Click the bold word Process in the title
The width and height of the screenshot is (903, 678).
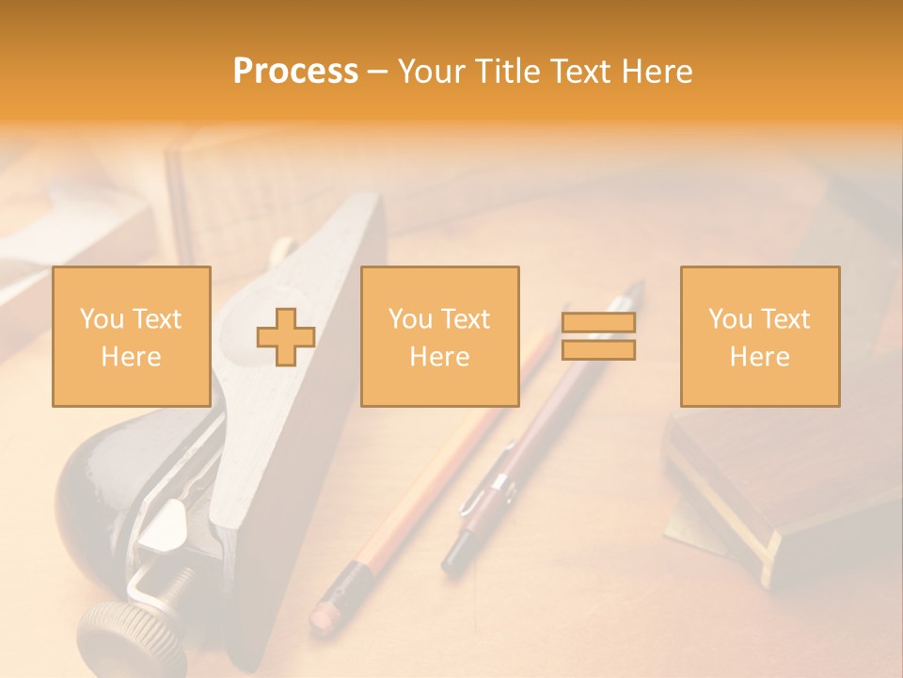[x=295, y=72]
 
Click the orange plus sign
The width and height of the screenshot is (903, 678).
[x=286, y=337]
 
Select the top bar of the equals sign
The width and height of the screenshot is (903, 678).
[x=598, y=322]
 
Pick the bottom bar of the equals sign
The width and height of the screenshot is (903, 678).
[x=598, y=349]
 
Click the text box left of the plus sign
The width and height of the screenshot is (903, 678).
[x=132, y=336]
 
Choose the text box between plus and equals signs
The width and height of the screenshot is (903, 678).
[x=439, y=336]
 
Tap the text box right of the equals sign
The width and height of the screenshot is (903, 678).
[x=759, y=336]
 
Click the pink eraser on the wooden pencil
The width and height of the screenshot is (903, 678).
[x=324, y=614]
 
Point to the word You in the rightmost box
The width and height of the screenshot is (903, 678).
[x=730, y=319]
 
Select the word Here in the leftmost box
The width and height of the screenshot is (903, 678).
[x=131, y=357]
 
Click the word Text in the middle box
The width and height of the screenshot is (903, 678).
[x=467, y=319]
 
